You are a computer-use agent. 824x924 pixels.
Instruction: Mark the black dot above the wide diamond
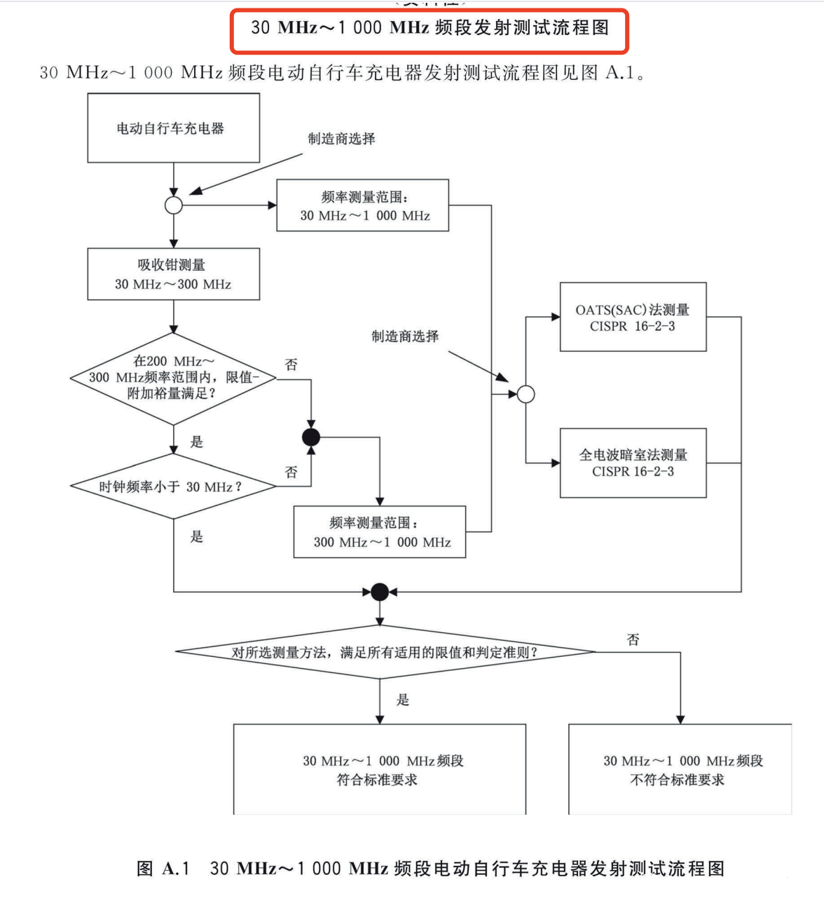[x=380, y=592]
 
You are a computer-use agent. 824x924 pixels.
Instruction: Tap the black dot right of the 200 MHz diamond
[x=311, y=437]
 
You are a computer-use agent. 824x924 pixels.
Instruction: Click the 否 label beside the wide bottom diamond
[x=633, y=639]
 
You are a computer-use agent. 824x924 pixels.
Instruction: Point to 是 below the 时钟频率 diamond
[x=196, y=536]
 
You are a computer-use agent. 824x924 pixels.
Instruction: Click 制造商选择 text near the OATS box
[x=405, y=336]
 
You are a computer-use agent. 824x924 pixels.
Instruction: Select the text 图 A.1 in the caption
[x=163, y=869]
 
